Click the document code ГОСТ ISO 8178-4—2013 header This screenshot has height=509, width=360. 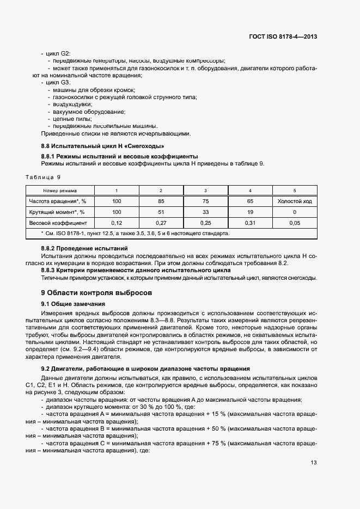tap(283, 37)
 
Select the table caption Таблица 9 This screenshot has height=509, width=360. tap(44, 177)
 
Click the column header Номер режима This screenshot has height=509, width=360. tap(60, 191)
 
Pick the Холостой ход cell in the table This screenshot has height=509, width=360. tap(294, 201)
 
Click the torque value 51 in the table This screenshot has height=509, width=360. tap(161, 212)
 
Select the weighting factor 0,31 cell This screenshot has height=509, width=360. tap(249, 223)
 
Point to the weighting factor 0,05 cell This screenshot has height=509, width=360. tap(294, 223)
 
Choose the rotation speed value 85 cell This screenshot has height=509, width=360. tap(161, 201)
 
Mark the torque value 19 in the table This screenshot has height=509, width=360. tap(249, 212)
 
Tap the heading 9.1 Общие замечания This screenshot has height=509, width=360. tap(72, 304)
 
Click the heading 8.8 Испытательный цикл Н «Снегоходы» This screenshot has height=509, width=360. tap(102, 146)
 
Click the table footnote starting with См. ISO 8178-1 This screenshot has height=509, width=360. tap(135, 234)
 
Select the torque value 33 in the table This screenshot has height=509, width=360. tap(205, 212)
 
